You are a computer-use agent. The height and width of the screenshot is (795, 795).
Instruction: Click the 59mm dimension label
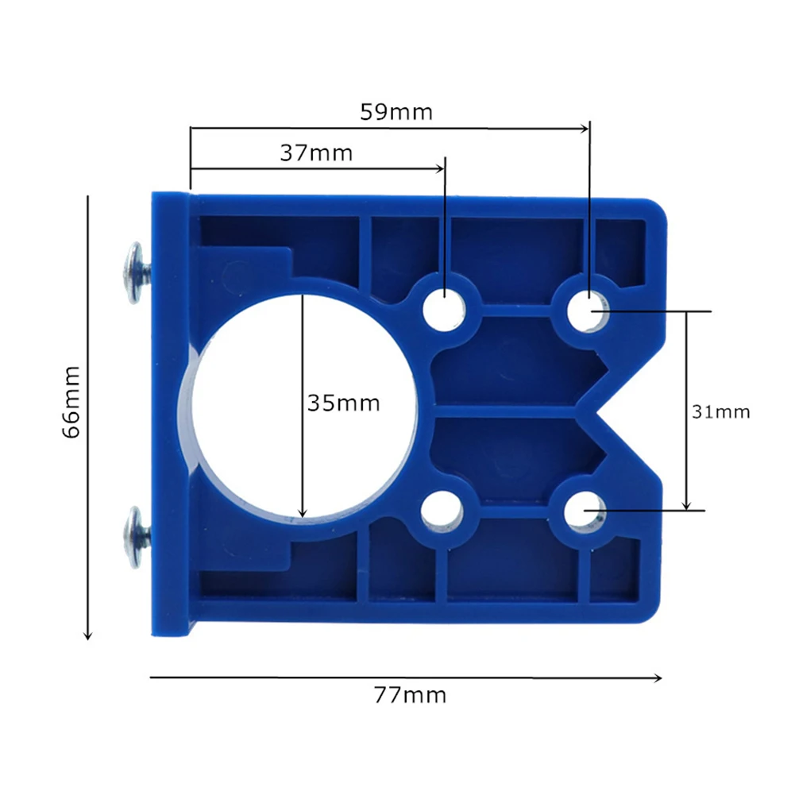(x=396, y=111)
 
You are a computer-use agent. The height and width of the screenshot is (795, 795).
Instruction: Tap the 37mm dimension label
(x=316, y=152)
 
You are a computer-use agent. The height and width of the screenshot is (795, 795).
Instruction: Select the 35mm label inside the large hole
(x=344, y=403)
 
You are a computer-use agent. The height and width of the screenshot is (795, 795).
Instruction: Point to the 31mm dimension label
(x=721, y=411)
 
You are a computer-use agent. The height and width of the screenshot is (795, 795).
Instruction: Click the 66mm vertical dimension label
(x=71, y=402)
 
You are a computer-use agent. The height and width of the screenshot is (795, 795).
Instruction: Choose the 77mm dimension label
(x=410, y=695)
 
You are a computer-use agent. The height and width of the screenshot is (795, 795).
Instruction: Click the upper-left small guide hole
(x=445, y=309)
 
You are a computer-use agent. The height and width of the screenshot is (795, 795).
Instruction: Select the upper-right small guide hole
(x=589, y=311)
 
